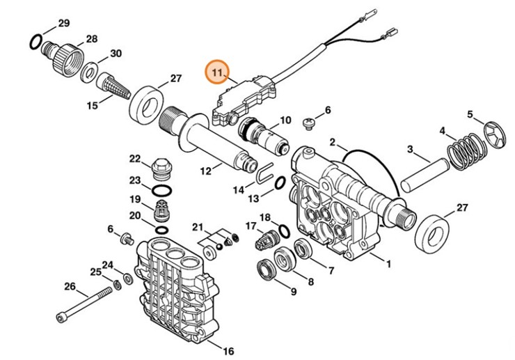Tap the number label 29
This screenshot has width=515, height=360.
tap(63, 23)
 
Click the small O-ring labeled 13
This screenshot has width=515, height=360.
tap(277, 183)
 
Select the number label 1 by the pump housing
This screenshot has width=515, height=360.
tap(388, 264)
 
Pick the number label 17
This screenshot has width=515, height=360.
tap(251, 226)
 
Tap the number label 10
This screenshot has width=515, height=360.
tap(285, 121)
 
